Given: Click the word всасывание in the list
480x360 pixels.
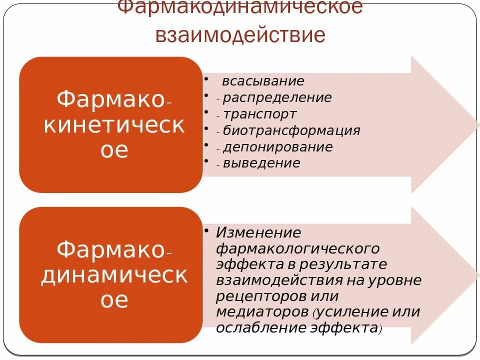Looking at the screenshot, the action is click(263, 81).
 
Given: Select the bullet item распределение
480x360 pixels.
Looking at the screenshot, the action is click(277, 97).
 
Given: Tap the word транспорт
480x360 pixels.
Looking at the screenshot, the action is click(259, 114).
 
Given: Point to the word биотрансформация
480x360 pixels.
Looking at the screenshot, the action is click(291, 130).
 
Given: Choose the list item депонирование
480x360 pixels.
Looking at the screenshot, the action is click(277, 147).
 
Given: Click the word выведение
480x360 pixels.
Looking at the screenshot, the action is click(261, 163).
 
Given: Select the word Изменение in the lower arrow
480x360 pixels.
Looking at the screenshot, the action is click(258, 232).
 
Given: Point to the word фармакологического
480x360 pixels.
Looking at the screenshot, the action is click(297, 248).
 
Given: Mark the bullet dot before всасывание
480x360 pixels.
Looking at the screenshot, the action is click(206, 78).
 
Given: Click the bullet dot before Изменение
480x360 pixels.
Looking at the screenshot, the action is click(206, 230).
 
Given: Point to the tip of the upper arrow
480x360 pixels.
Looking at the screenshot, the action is click(477, 124).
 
